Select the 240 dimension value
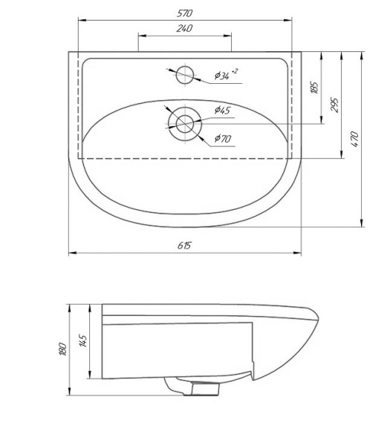[185, 28]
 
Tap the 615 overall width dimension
[184, 245]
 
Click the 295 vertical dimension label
[334, 104]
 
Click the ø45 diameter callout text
[222, 111]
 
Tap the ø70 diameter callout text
[222, 138]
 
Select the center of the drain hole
[185, 123]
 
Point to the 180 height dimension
[62, 348]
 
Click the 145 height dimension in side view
[82, 341]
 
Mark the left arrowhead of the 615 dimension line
[71, 254]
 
